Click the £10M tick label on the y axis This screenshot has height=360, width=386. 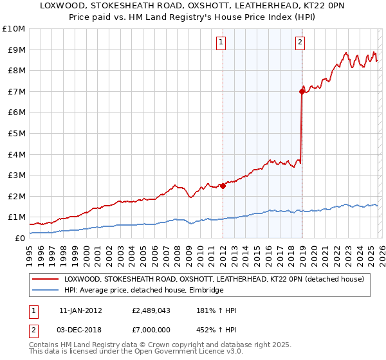[x=14, y=29]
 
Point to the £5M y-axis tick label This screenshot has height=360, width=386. [x=16, y=133]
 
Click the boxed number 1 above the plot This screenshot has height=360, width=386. [x=221, y=43]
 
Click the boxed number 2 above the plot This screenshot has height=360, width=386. [x=300, y=43]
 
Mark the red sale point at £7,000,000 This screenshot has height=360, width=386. [x=301, y=91]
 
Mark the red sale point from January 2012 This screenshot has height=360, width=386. [x=223, y=186]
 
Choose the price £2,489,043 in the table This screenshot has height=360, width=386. [x=149, y=310]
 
